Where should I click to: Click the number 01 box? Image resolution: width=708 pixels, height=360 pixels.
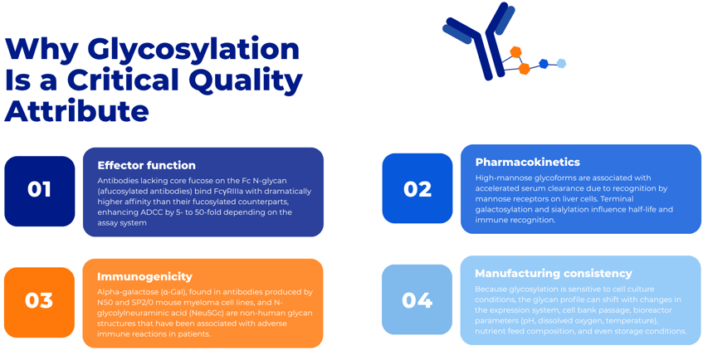tap(40, 192)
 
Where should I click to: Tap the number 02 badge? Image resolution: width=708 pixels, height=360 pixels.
tap(417, 188)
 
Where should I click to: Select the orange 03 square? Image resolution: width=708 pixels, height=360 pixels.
tap(39, 302)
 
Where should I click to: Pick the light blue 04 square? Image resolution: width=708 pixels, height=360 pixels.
tap(417, 299)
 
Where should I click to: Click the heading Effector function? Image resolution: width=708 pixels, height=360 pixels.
tap(146, 165)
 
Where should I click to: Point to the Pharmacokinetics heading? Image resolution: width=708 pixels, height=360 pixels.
tap(527, 162)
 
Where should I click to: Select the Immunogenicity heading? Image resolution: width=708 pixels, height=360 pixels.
tap(144, 276)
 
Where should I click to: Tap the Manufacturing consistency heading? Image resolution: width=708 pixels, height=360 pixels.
tap(553, 274)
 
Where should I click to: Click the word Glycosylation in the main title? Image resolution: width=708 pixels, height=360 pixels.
tap(193, 50)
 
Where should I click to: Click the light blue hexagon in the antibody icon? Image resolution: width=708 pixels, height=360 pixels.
tap(561, 64)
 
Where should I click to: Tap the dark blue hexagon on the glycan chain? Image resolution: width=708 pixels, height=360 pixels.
tap(544, 64)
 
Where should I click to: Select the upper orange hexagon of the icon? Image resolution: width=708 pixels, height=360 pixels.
tap(515, 52)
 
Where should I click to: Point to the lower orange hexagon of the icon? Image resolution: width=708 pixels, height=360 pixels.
tap(524, 69)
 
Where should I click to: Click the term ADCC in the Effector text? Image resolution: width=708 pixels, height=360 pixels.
tap(149, 212)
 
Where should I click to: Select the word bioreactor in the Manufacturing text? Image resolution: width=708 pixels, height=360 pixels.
tap(652, 310)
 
